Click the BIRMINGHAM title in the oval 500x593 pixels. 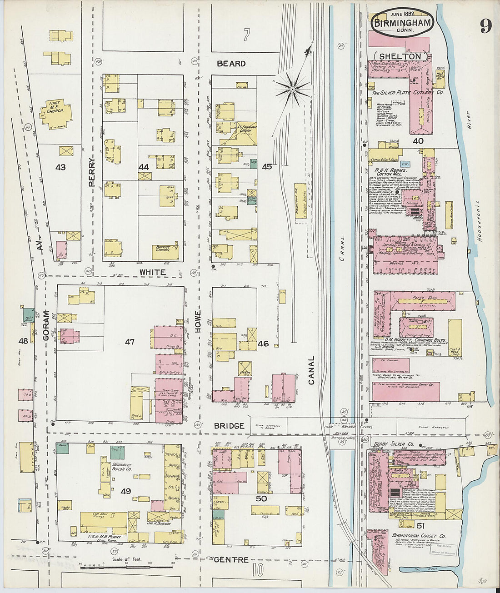pyautogui.click(x=402, y=22)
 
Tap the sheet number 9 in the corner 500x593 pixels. pyautogui.click(x=485, y=26)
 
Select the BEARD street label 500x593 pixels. pyautogui.click(x=231, y=64)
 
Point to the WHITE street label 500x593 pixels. pyautogui.click(x=153, y=272)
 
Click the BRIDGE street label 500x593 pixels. pyautogui.click(x=230, y=426)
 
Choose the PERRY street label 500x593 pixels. pyautogui.click(x=92, y=172)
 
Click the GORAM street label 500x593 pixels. pyautogui.click(x=46, y=325)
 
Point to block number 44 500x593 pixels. pyautogui.click(x=144, y=167)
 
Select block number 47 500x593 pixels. pyautogui.click(x=130, y=341)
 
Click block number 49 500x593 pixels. pyautogui.click(x=125, y=491)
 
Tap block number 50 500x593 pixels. pyautogui.click(x=261, y=498)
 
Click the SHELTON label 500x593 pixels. pyautogui.click(x=400, y=56)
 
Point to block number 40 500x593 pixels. pyautogui.click(x=418, y=141)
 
